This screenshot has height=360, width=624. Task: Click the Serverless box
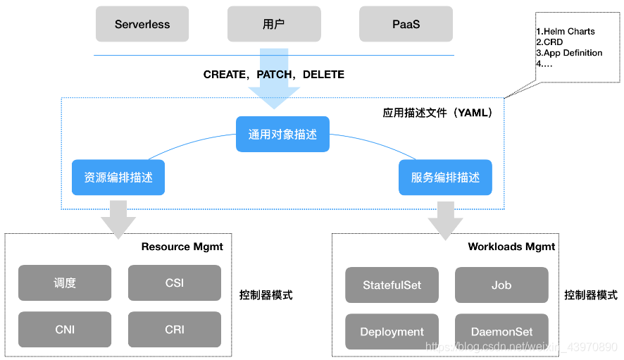[142, 24]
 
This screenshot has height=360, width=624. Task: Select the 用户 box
[274, 24]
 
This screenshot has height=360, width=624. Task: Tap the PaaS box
[406, 24]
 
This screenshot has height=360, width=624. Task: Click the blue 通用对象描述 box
[282, 134]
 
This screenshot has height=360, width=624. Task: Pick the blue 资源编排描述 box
[118, 178]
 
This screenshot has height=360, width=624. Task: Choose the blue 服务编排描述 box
[445, 178]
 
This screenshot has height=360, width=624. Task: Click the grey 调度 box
[65, 283]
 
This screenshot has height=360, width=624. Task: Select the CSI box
[174, 283]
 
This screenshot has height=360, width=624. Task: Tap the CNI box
[65, 329]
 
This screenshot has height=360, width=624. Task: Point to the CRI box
[174, 329]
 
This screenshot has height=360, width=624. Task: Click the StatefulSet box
[392, 285]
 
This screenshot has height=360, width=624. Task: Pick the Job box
[501, 285]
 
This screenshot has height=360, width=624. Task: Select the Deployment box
[392, 331]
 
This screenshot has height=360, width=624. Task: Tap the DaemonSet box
[501, 331]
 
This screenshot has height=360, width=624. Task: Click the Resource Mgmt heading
[182, 247]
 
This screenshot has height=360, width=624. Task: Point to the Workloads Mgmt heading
[511, 247]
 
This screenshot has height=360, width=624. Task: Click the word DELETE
[323, 75]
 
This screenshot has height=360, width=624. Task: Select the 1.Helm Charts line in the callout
[566, 32]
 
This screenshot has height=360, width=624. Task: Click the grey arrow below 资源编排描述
[118, 219]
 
